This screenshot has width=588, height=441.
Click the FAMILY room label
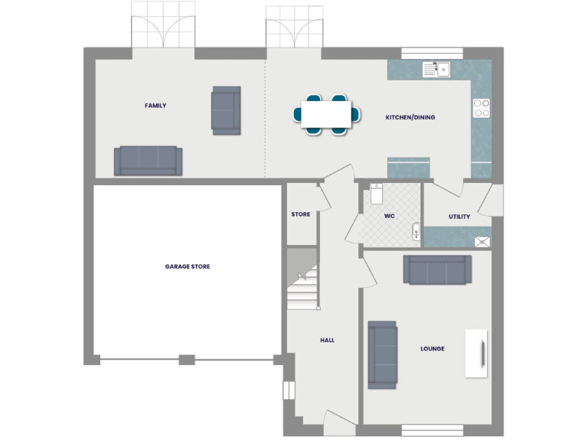(155, 106)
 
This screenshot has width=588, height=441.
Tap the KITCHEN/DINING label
(410, 117)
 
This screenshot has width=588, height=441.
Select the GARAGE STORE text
(188, 266)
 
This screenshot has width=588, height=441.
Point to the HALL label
(327, 340)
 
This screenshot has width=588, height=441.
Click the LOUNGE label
(432, 348)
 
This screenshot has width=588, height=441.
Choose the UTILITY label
(459, 217)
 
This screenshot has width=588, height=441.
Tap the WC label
(389, 217)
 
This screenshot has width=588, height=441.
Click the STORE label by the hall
(301, 214)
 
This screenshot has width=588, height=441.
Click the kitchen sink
(436, 70)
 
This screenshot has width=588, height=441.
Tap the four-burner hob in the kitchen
(482, 108)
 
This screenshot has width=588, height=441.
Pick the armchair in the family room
(226, 110)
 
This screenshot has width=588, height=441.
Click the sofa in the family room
(149, 161)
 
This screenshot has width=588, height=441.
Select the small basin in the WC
(416, 230)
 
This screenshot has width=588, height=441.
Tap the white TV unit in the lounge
(476, 353)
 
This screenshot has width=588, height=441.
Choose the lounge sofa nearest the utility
(437, 269)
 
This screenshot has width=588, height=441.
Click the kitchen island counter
(409, 166)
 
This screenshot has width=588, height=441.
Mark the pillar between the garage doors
(186, 359)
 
